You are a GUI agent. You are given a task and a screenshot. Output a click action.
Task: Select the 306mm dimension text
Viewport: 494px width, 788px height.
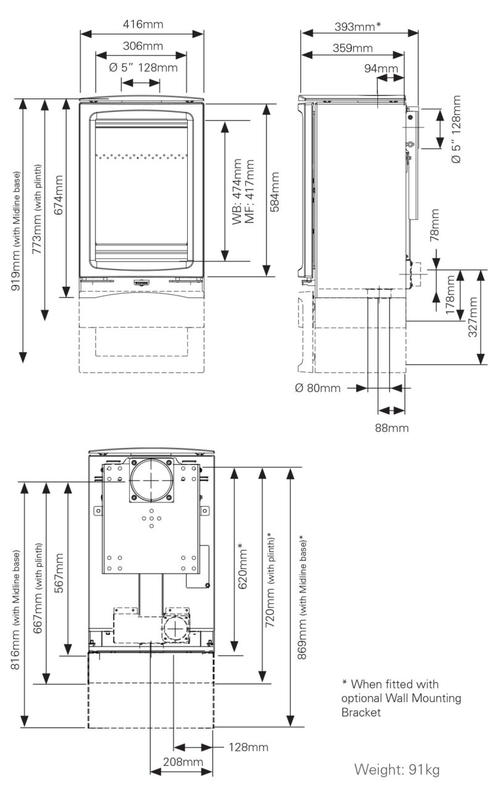point(142,46)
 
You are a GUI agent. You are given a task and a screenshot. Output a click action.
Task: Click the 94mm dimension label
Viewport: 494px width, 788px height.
point(381,68)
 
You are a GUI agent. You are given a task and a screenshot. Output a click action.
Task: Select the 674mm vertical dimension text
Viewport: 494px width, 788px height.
point(59,195)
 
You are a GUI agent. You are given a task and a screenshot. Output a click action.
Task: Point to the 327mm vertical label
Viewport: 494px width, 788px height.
point(473,316)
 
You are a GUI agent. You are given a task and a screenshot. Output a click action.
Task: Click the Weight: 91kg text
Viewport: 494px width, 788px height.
point(396,769)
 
